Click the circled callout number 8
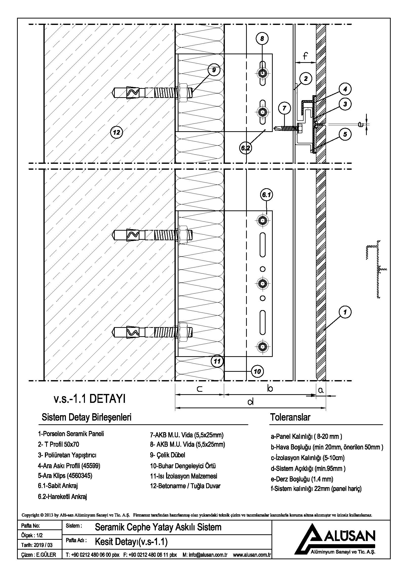click(x=262, y=38)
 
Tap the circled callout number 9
click(x=214, y=70)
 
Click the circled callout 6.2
click(x=245, y=148)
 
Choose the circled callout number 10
click(x=257, y=371)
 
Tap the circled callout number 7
click(x=284, y=108)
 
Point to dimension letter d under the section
click(x=250, y=402)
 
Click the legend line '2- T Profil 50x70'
click(x=58, y=445)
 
